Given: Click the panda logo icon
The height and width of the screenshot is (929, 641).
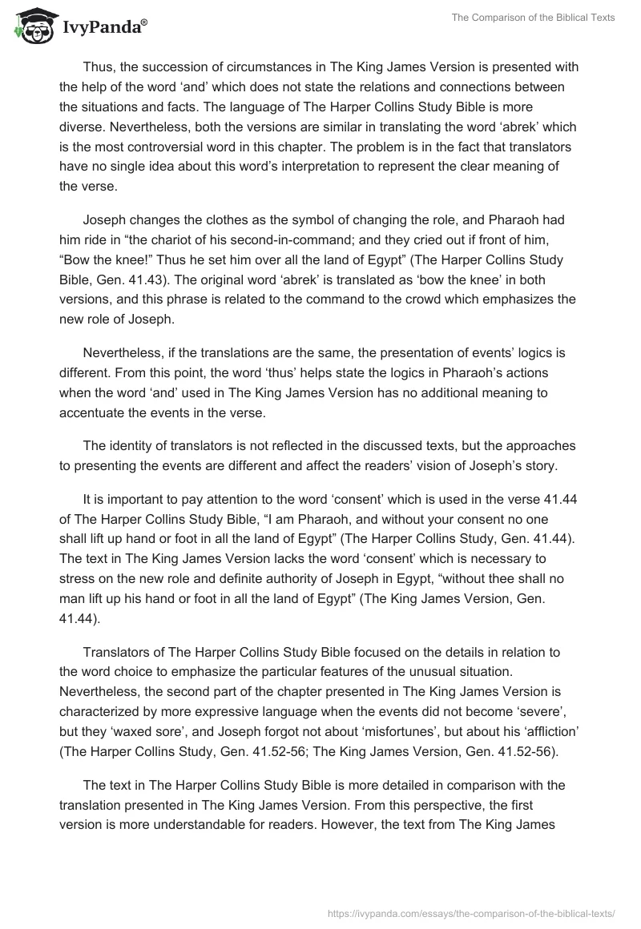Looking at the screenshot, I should tap(30, 26).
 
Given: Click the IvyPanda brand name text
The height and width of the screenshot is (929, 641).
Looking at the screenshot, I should tap(100, 28).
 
